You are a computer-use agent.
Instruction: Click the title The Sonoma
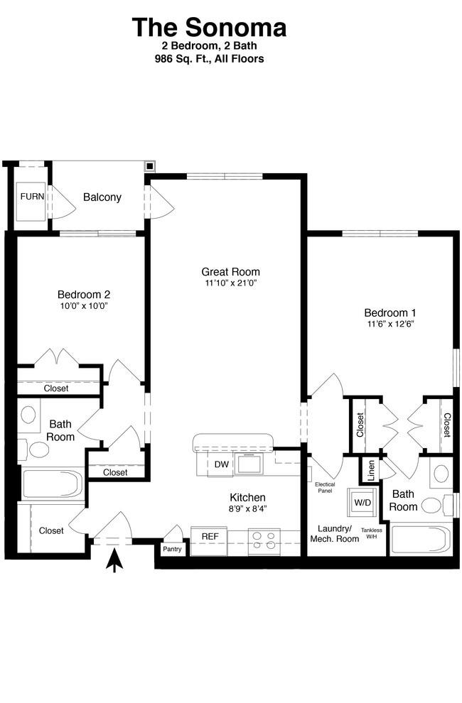click(x=209, y=27)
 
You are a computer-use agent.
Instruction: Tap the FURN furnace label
click(x=32, y=197)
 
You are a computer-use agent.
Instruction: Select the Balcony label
click(x=102, y=197)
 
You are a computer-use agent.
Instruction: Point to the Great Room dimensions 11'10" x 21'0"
click(x=230, y=283)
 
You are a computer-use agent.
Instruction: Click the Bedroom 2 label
click(x=84, y=295)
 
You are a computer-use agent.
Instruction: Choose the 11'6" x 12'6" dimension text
click(x=390, y=324)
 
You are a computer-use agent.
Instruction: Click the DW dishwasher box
click(x=221, y=464)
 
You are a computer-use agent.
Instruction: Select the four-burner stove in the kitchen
click(x=264, y=540)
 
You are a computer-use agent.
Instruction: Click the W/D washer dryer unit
click(x=362, y=503)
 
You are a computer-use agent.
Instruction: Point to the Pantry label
click(x=172, y=549)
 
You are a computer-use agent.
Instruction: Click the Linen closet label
click(x=371, y=471)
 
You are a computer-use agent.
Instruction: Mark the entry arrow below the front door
click(x=115, y=561)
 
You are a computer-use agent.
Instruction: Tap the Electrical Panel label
click(x=325, y=487)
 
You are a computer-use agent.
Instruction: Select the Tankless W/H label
click(x=371, y=533)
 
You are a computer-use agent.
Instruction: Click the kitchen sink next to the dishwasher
click(x=249, y=463)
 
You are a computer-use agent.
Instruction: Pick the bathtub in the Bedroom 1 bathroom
click(x=421, y=540)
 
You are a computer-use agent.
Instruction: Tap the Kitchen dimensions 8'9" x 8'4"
click(x=247, y=509)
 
